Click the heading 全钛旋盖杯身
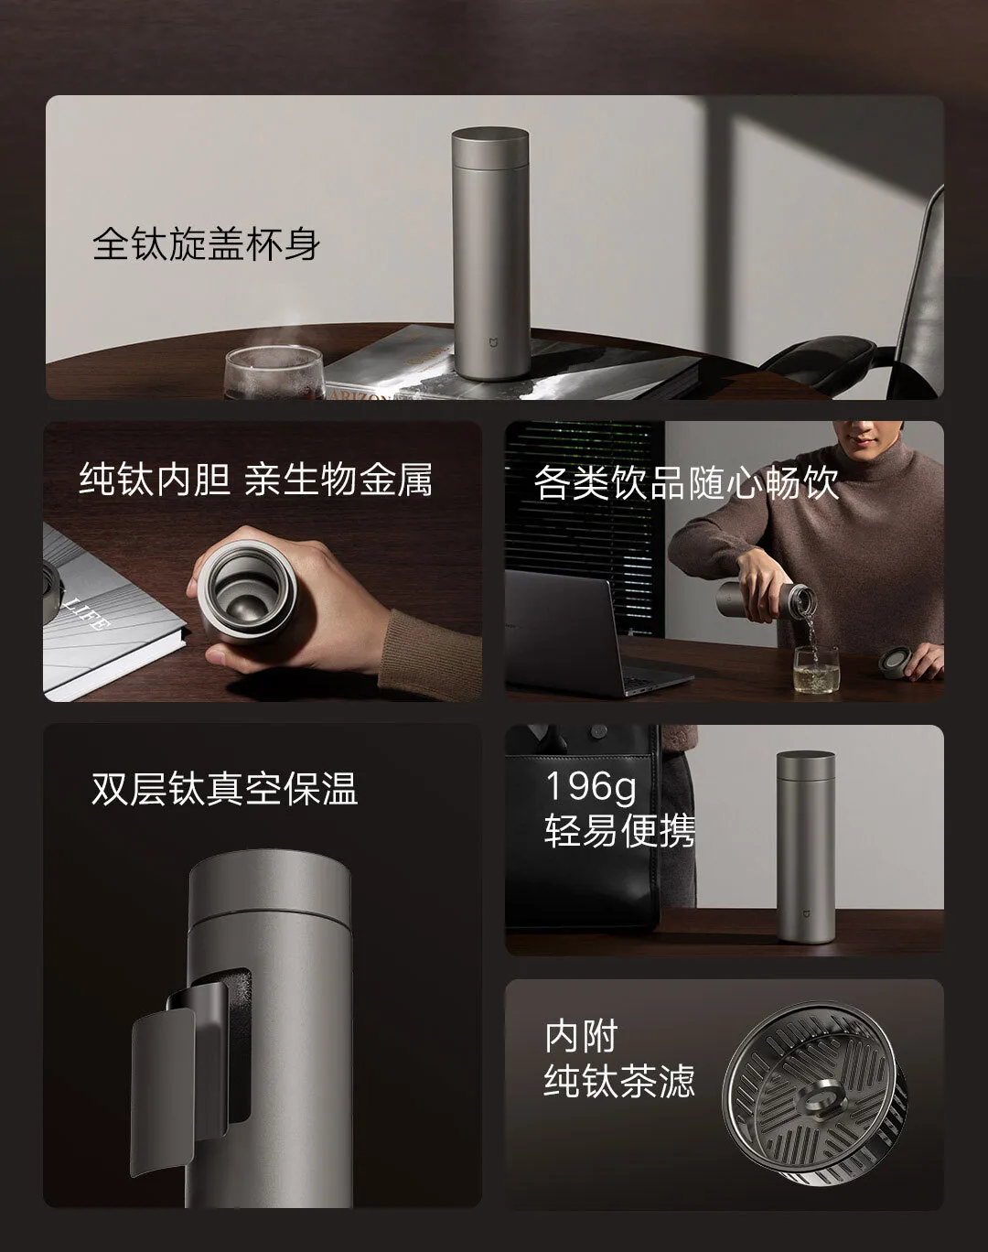tap(206, 245)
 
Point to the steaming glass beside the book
tap(274, 372)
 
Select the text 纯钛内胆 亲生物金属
tap(255, 480)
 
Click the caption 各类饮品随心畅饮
tap(686, 482)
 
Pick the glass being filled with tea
tap(815, 668)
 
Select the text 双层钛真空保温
tap(224, 789)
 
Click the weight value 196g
tap(591, 786)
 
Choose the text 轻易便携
tap(619, 831)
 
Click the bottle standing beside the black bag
tap(805, 847)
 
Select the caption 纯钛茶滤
tap(619, 1081)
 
